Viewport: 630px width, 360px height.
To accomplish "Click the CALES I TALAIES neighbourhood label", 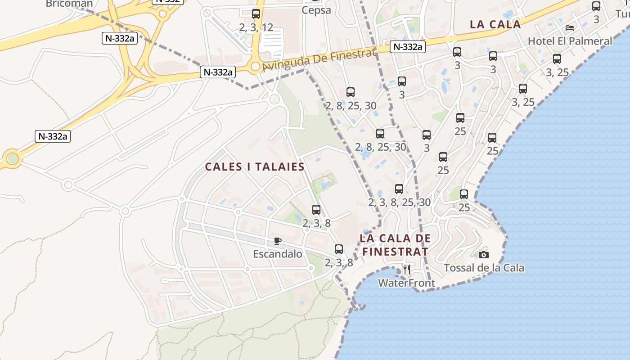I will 255,167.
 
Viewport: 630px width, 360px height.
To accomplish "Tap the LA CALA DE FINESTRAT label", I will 396,245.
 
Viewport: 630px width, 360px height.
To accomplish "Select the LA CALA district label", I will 495,25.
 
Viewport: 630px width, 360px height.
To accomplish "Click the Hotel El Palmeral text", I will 570,41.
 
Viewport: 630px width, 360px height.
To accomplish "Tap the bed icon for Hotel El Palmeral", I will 570,28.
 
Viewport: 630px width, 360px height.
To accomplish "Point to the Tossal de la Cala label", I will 484,268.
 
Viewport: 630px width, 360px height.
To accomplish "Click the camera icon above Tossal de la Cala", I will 484,255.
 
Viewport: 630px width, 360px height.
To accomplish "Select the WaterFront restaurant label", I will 406,283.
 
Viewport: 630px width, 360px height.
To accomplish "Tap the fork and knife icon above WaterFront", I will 407,270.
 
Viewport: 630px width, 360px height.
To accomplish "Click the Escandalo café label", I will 278,254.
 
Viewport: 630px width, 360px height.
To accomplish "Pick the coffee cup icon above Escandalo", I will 278,241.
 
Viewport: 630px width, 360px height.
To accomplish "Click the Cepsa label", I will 316,10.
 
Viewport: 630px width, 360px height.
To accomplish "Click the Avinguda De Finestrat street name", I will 318,60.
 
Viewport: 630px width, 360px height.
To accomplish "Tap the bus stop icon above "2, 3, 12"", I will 256,14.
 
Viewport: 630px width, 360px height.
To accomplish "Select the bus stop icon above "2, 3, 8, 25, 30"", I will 399,189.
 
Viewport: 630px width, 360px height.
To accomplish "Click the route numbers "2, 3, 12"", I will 256,27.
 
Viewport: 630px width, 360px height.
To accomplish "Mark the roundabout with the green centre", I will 13,158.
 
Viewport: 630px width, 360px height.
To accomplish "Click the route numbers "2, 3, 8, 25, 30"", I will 399,202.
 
